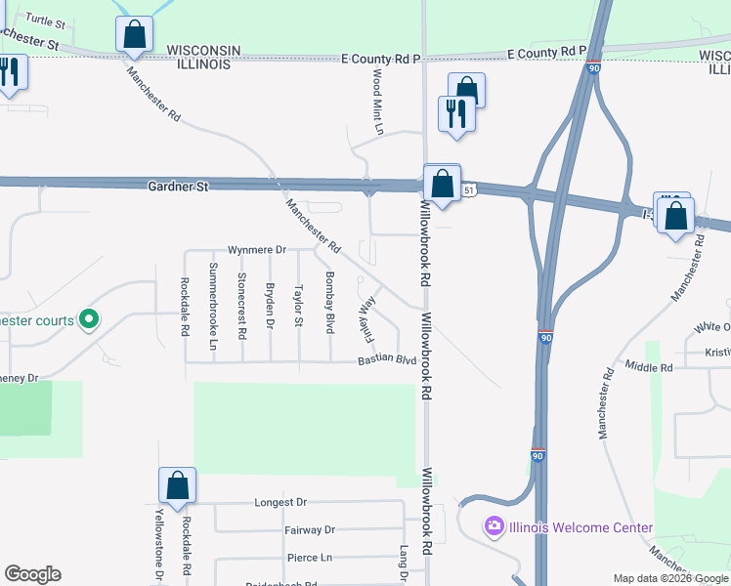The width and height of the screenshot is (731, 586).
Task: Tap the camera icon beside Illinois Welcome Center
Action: point(494,527)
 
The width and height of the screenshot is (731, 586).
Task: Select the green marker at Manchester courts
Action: point(89,319)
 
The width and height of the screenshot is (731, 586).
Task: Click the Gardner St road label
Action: point(179,186)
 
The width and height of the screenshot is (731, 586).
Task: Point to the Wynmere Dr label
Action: point(256,250)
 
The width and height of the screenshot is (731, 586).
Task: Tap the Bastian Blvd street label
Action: point(387,360)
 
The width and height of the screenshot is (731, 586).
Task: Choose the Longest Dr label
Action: point(280,502)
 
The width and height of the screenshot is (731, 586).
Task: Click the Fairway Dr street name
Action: point(310,530)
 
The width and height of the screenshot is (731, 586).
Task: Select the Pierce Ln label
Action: point(310,558)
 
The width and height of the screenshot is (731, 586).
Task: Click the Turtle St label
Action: point(45,20)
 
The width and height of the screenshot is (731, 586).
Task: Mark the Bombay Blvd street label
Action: point(330,299)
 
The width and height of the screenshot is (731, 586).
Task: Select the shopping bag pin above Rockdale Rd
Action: point(178,485)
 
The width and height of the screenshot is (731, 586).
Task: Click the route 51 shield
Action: point(470,190)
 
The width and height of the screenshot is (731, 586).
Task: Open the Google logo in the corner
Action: point(32,574)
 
